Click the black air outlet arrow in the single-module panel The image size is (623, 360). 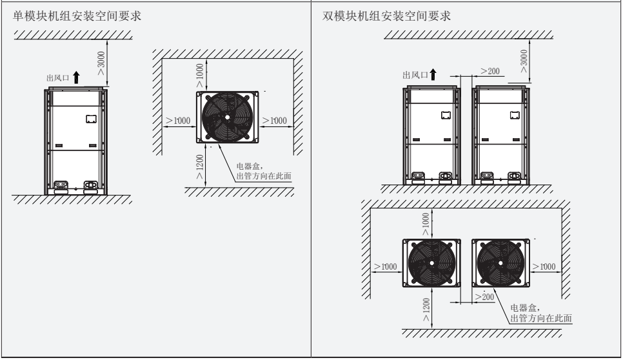(x=77, y=78)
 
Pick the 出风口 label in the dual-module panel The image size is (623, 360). (x=415, y=75)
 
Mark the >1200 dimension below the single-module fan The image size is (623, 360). (x=201, y=166)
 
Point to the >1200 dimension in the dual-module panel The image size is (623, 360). (x=426, y=311)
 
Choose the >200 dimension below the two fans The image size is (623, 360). (x=484, y=296)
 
